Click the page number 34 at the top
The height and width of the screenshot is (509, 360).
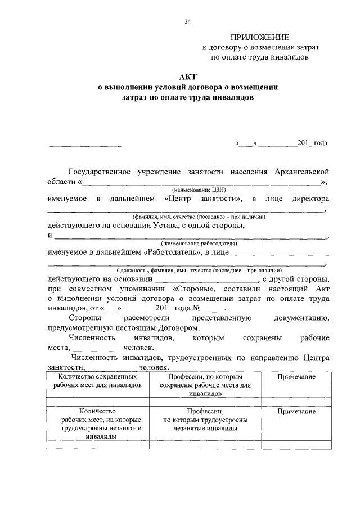[x=188, y=22]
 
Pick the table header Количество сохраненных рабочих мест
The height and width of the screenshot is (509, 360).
[x=97, y=381]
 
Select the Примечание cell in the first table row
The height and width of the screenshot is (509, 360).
[x=296, y=376]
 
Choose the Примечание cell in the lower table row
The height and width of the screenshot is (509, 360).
[x=296, y=412]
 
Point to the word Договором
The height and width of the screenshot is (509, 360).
[x=174, y=327]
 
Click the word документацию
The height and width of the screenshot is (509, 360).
[x=301, y=318]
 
